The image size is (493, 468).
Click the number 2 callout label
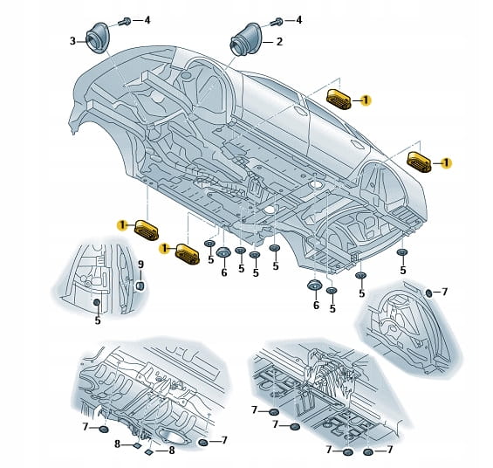[x=279, y=42]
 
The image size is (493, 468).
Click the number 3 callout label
[x=72, y=41]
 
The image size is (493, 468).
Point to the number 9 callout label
[x=140, y=265]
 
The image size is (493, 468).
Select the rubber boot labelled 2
[x=245, y=39]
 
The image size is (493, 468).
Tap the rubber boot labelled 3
[x=97, y=38]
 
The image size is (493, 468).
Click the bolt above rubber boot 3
[x=125, y=22]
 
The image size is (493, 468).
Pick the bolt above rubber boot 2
[x=277, y=22]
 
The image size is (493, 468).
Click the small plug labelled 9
[x=140, y=286]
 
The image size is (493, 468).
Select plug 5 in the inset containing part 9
[x=97, y=302]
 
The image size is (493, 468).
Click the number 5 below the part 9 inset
[x=98, y=320]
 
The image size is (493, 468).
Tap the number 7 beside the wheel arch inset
[x=444, y=292]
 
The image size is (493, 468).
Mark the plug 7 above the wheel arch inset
[x=428, y=293]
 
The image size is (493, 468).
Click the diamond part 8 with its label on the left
[x=137, y=445]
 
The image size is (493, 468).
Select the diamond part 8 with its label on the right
[x=149, y=452]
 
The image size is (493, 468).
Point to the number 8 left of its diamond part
[x=117, y=444]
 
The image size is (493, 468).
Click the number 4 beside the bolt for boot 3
[x=147, y=20]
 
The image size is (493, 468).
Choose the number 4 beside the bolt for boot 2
[x=298, y=20]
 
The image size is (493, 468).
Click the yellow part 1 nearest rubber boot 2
[x=339, y=100]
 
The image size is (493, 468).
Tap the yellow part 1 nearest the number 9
[x=147, y=231]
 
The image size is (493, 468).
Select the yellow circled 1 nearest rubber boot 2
[x=366, y=100]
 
